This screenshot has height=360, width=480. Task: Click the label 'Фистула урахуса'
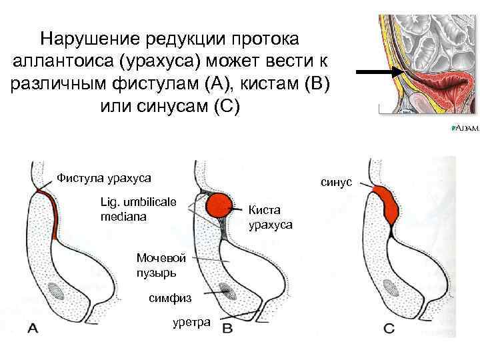click(103, 178)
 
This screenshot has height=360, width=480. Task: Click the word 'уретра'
click(191, 322)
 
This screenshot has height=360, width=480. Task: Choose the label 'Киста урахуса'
click(270, 217)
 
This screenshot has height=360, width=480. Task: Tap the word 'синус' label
click(336, 181)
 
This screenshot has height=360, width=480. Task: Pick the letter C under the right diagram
click(390, 328)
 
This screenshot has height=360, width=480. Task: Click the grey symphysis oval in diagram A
click(57, 292)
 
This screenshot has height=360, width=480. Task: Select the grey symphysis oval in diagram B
click(228, 291)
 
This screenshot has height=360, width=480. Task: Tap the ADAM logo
click(465, 128)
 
